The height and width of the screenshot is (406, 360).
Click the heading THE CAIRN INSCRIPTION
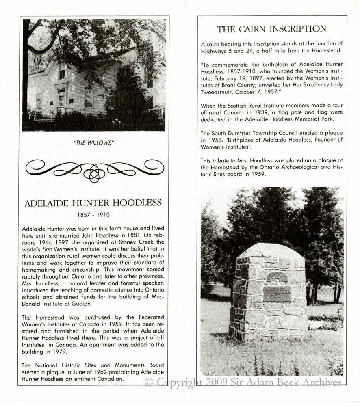(x=271, y=29)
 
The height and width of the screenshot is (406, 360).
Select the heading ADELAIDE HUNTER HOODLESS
(x=93, y=203)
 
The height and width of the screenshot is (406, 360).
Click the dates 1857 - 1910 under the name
(x=93, y=214)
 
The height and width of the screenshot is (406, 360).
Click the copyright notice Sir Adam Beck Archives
(x=243, y=382)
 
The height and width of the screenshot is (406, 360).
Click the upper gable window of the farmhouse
(x=62, y=74)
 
